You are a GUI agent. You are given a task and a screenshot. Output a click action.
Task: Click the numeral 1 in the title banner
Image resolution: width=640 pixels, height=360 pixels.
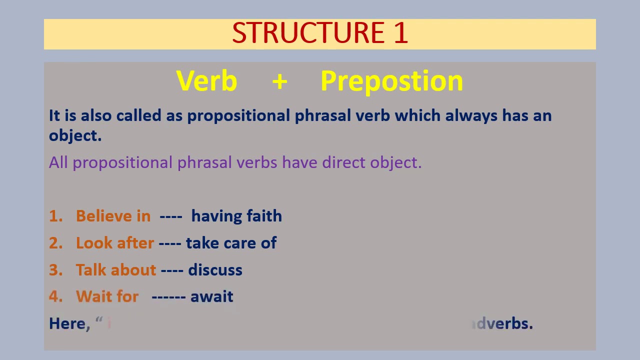tap(401, 33)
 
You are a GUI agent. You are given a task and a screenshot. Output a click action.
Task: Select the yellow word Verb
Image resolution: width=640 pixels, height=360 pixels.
tap(206, 81)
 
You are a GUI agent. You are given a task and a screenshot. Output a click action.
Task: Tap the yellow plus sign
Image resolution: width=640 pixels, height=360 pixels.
tap(280, 81)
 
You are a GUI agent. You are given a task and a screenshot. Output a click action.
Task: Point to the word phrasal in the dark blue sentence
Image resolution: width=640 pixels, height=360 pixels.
tap(323, 116)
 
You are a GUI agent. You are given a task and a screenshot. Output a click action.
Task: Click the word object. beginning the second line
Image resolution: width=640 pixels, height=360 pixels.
tap(75, 136)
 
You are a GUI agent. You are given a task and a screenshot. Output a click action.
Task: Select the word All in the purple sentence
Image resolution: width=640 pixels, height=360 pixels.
tap(58, 162)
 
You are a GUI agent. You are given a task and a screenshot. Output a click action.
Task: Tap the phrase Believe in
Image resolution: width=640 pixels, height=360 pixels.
tap(113, 216)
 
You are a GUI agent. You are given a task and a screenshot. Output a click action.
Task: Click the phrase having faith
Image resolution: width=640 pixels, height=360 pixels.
tap(236, 216)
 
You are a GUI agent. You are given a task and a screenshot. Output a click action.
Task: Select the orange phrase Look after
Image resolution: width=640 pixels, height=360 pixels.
tap(114, 243)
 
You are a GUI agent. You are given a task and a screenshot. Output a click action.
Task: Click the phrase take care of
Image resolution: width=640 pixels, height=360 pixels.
tap(231, 243)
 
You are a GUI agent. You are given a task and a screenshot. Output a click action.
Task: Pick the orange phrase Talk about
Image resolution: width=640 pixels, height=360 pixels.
tap(116, 270)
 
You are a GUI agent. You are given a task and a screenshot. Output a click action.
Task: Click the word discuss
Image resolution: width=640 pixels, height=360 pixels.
tap(215, 270)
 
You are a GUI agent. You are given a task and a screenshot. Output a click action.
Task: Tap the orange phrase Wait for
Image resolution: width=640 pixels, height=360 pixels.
tap(107, 296)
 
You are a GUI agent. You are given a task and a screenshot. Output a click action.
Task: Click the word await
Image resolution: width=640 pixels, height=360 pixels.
tap(211, 296)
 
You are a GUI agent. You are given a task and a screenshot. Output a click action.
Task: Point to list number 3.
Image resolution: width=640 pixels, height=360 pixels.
tap(55, 270)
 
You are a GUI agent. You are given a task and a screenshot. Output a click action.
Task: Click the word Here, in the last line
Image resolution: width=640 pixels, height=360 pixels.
tap(69, 323)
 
